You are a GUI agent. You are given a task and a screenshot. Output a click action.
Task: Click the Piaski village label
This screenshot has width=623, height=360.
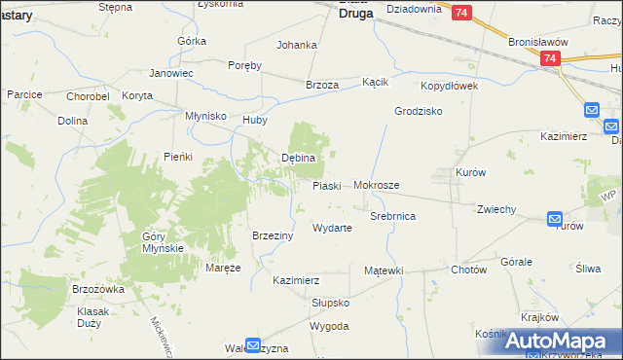[326, 185]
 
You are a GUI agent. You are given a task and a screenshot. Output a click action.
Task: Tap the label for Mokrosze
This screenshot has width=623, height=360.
[377, 184]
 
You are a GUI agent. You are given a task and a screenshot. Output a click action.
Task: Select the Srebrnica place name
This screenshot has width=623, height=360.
[393, 216]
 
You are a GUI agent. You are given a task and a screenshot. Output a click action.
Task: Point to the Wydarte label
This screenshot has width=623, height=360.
[331, 228]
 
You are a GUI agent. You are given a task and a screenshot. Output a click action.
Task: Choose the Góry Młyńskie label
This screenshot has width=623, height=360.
[163, 242]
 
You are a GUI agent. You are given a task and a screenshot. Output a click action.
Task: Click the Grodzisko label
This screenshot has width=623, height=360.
[419, 111]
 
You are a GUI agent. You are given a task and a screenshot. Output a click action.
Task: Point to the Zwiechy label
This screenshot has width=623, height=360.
[495, 209]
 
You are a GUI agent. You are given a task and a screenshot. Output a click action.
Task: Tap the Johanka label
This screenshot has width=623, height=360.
[297, 45]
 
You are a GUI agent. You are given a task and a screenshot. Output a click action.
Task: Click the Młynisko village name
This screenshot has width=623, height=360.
[206, 116]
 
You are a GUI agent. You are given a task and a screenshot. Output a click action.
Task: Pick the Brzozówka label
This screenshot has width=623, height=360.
[99, 289]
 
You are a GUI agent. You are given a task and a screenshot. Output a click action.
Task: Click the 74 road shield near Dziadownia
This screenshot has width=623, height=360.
[461, 12]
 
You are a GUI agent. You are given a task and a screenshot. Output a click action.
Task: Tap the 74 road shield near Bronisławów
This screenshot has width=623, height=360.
[551, 59]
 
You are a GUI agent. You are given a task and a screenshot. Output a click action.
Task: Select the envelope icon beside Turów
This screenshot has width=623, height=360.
[555, 220]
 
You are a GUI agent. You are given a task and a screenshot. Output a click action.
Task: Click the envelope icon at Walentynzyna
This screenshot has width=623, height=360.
[253, 344]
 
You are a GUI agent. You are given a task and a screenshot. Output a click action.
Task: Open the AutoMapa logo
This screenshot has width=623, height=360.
[562, 341]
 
